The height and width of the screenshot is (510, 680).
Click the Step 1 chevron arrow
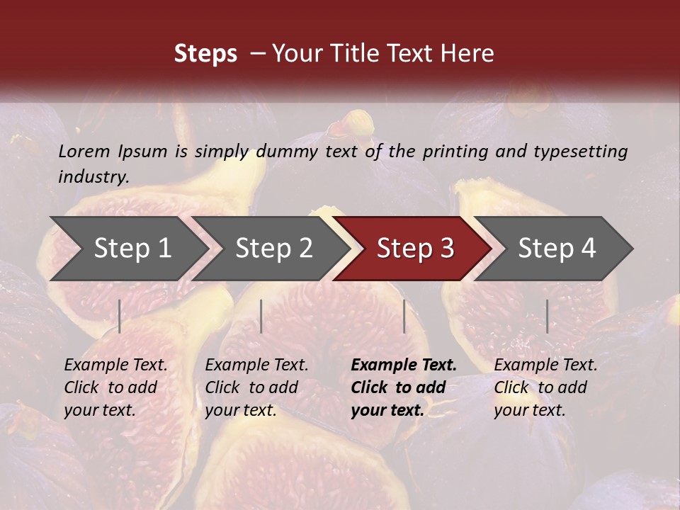[x=131, y=249]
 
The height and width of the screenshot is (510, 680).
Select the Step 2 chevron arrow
[x=273, y=249]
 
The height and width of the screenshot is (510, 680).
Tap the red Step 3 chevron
[x=414, y=249]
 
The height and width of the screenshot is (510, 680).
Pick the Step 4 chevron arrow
[x=556, y=249]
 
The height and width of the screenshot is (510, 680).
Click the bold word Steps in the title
[x=205, y=54]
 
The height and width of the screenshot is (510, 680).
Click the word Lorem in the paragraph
[x=84, y=152]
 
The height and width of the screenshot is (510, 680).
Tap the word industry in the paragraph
[x=93, y=176]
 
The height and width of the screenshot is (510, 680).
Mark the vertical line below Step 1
[x=120, y=316]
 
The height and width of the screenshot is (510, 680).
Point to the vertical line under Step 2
[x=261, y=316]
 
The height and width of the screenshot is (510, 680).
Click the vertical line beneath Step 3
[x=404, y=316]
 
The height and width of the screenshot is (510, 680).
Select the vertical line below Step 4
[x=547, y=316]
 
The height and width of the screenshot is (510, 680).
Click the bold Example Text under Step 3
[x=404, y=365]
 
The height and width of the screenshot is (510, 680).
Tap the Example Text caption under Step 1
[x=116, y=365]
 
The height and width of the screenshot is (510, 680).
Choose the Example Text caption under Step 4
[x=545, y=365]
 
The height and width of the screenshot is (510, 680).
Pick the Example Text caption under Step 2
[x=256, y=365]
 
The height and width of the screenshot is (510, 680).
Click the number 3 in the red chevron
[x=446, y=249]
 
